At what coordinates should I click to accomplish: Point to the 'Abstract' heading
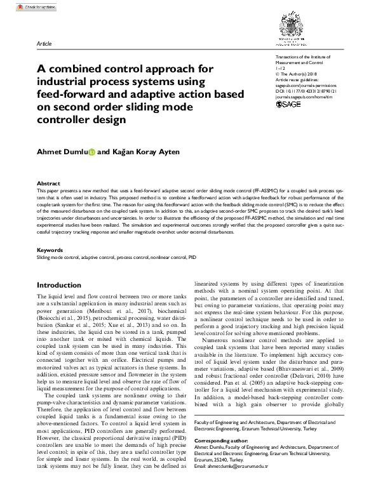(48, 182)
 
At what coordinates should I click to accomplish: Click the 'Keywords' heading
(50, 250)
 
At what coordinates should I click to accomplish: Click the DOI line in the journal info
(306, 91)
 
